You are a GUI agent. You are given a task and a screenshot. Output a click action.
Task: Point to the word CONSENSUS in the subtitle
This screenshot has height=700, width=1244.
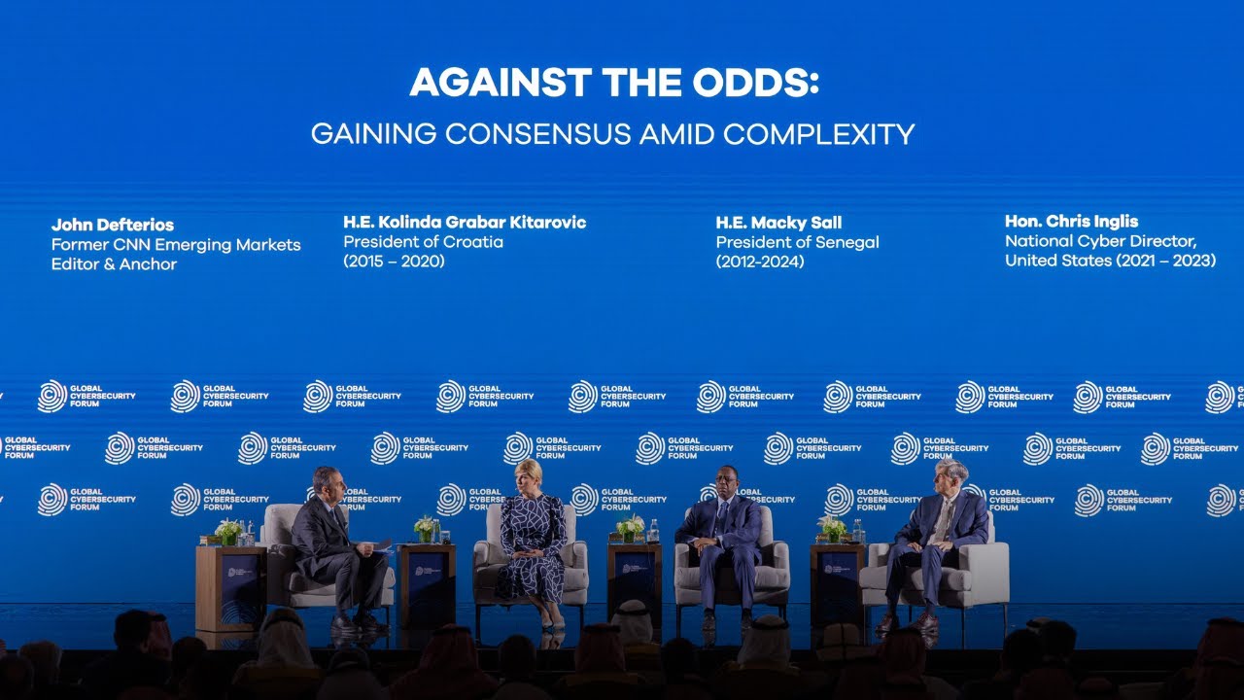coord(540,134)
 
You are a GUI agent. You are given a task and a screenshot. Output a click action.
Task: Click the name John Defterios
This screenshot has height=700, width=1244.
coord(113,226)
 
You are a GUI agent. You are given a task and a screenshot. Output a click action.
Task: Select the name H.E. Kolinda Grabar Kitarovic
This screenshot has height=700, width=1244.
coord(465,223)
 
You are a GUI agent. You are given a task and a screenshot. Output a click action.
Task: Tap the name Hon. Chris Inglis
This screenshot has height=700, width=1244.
coord(1071,222)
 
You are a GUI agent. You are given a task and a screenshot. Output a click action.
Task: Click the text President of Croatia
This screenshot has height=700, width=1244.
coord(423,242)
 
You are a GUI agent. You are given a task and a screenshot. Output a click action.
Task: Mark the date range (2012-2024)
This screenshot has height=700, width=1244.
coord(760,262)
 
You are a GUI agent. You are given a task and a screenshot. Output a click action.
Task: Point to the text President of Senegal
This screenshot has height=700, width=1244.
coord(797,242)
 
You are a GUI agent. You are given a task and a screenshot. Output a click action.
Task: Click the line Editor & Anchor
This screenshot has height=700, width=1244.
coord(114,264)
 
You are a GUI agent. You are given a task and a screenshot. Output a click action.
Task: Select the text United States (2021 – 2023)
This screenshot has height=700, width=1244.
coord(1110,261)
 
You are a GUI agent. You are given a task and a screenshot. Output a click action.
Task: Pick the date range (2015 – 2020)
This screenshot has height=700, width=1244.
coord(394,262)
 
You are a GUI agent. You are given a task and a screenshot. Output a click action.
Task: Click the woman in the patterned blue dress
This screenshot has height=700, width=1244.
coord(532,549)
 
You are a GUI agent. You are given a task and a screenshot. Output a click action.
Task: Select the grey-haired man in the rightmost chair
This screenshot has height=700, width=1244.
coord(936,540)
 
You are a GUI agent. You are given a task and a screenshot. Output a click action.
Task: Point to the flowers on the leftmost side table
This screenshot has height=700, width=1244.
coord(228,531)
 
